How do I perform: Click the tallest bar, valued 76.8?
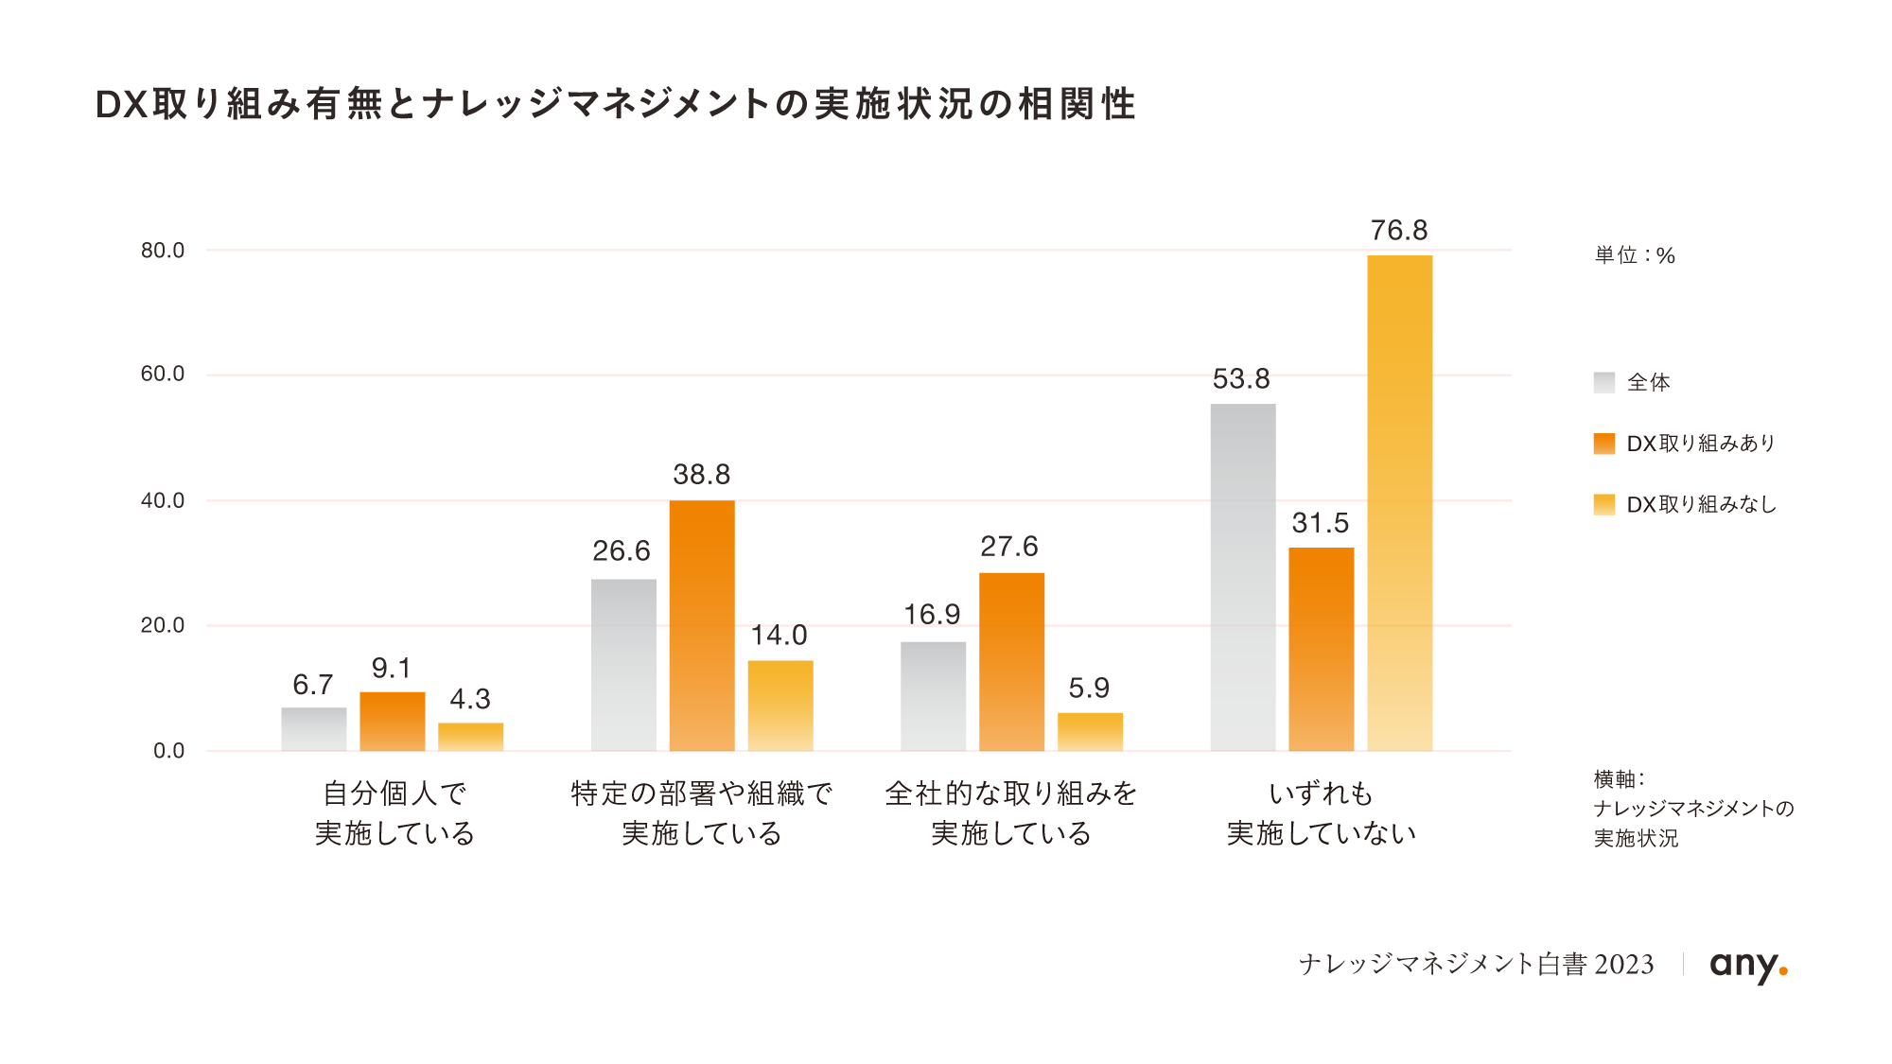tap(1399, 503)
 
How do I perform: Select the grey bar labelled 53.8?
tap(1243, 577)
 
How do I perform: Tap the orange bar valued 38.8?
tap(702, 625)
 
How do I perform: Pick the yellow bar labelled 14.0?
tap(780, 706)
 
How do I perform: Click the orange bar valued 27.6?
tap(1011, 661)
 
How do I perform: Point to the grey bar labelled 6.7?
tap(314, 729)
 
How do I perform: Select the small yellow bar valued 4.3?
tap(470, 737)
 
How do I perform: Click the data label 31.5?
tap(1321, 523)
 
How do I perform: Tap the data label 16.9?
tap(932, 615)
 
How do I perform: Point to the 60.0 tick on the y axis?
tap(163, 375)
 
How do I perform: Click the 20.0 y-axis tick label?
tap(163, 625)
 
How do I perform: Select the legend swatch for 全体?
tap(1604, 383)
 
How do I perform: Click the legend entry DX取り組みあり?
tap(1700, 444)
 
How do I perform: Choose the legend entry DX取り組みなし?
tap(1700, 505)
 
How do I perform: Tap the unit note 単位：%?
tap(1635, 255)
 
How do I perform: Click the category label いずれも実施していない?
tap(1321, 813)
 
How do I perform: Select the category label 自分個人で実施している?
tap(394, 813)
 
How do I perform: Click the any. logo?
tap(1748, 965)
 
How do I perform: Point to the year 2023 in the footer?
tap(1624, 965)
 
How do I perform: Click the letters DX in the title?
tap(122, 105)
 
